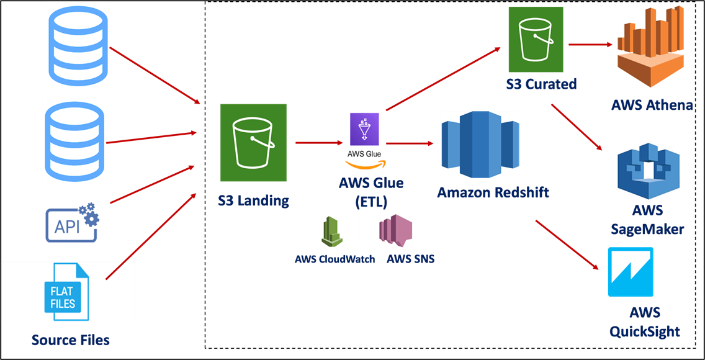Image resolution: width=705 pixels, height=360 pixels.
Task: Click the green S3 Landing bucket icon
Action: (x=253, y=143)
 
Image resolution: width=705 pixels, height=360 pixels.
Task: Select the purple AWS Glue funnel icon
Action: (x=364, y=129)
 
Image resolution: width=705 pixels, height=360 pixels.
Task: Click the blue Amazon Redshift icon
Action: (x=480, y=146)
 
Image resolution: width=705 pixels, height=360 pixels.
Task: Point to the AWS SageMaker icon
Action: (x=648, y=170)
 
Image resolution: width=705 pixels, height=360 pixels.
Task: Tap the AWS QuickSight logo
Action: (x=630, y=272)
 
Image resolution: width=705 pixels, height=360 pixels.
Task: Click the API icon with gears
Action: (x=72, y=222)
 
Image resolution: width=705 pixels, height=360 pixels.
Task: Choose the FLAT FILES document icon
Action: (x=63, y=291)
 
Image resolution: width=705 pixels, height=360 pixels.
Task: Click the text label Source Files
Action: (x=70, y=340)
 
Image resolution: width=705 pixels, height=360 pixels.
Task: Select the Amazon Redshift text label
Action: (x=493, y=192)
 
